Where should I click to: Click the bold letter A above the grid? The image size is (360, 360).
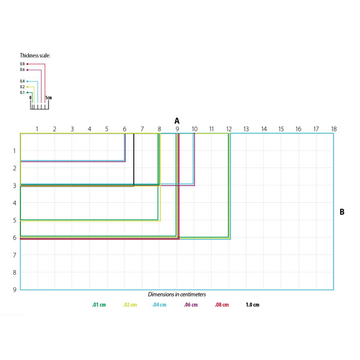point(177,121)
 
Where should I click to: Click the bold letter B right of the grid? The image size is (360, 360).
point(342,212)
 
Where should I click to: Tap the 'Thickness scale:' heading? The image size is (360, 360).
point(35,56)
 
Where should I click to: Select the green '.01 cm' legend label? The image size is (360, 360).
point(99,305)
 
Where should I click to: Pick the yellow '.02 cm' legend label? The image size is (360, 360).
point(130,305)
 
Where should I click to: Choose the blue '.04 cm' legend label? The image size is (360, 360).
point(160,305)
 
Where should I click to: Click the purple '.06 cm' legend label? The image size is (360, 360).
point(191,305)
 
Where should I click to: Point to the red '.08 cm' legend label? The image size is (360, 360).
point(222,305)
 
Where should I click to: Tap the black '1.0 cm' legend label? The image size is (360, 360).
point(253,305)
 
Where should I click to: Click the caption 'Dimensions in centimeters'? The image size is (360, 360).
point(177,295)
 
